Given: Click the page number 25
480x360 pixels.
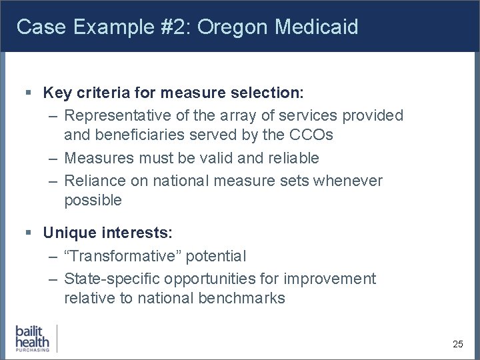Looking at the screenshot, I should click(457, 344).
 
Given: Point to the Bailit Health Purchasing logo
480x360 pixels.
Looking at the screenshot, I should click(33, 338).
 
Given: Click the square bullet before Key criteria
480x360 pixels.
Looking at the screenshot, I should click(27, 93).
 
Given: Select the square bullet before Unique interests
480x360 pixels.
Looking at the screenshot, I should click(27, 233).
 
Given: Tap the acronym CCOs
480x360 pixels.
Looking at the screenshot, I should click(310, 135).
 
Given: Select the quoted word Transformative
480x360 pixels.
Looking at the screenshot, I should click(123, 256).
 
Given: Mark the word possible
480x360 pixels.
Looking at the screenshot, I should click(93, 200).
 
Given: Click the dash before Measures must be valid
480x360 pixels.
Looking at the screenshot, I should click(53, 158).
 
